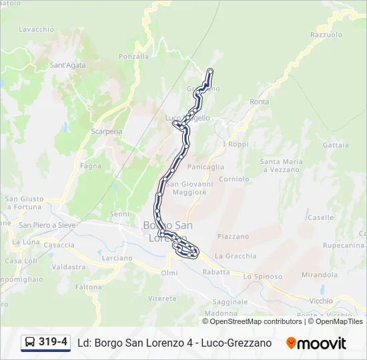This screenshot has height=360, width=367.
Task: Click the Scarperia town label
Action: tap(107, 131)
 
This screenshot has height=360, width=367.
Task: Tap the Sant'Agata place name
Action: tap(68, 65)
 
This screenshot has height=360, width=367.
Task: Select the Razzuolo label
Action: tap(326, 35)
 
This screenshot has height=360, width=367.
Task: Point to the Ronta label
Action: tap(260, 102)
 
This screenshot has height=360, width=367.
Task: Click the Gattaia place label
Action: tap(335, 145)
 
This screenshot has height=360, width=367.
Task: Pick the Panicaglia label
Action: tap(206, 167)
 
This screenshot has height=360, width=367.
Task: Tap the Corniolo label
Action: tap(234, 179)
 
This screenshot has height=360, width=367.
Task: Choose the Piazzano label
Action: tap(233, 236)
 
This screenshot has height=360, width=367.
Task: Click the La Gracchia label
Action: tap(236, 255)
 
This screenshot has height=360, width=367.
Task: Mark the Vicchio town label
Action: tap(321, 301)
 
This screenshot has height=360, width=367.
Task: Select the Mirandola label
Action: tap(320, 274)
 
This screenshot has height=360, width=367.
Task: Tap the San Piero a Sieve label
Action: tap(46, 225)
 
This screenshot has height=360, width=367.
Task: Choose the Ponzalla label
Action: tap(133, 57)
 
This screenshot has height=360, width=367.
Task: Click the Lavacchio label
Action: tap(37, 29)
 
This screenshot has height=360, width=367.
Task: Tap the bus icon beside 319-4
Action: tap(30, 343)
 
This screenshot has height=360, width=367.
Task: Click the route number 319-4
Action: tap(53, 342)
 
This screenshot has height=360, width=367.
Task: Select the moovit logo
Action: tap(316, 343)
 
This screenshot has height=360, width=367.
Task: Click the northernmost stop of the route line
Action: tap(211, 71)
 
